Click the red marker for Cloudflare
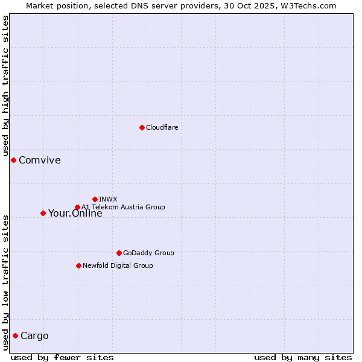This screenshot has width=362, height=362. pyautogui.click(x=142, y=127)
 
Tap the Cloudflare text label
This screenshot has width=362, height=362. pyautogui.click(x=162, y=127)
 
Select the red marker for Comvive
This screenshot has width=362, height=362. pyautogui.click(x=13, y=160)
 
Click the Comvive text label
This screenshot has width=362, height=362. pyautogui.click(x=39, y=160)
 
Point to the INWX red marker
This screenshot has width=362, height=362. pyautogui.click(x=95, y=199)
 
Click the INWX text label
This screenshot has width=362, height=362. pyautogui.click(x=108, y=199)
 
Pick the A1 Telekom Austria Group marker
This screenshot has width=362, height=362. pyautogui.click(x=77, y=208)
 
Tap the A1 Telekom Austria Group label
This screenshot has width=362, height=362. pyautogui.click(x=123, y=207)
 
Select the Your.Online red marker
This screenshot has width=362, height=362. pyautogui.click(x=43, y=213)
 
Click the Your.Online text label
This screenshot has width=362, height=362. pyautogui.click(x=75, y=214)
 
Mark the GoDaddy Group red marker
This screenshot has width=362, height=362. pyautogui.click(x=119, y=253)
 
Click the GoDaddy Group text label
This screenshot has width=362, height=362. pyautogui.click(x=148, y=253)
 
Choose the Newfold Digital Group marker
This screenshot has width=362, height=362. pyautogui.click(x=78, y=265)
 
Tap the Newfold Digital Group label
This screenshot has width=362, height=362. pyautogui.click(x=118, y=265)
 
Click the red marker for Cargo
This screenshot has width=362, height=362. pyautogui.click(x=15, y=335)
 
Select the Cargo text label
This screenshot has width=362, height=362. pyautogui.click(x=34, y=336)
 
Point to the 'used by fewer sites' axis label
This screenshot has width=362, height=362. pyautogui.click(x=62, y=357)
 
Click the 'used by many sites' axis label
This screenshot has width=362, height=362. pyautogui.click(x=303, y=357)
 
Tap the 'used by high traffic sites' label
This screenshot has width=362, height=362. pyautogui.click(x=6, y=86)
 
